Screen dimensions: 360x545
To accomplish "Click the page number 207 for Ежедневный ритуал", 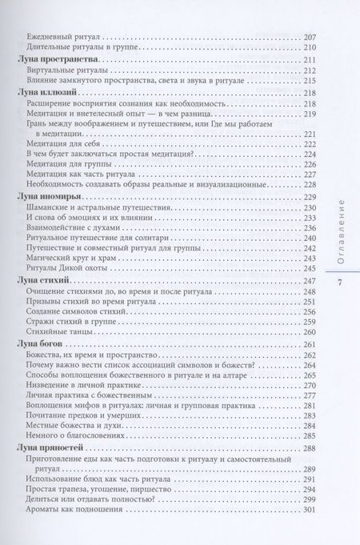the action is pos(308,37).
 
